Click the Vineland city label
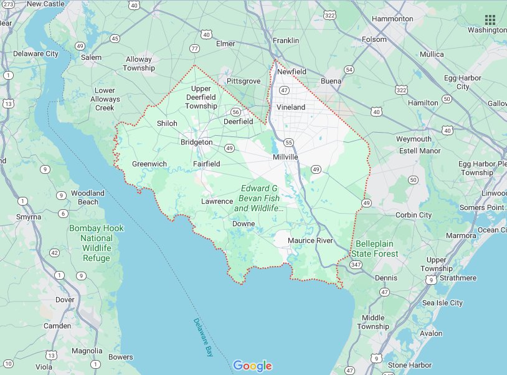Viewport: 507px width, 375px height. coord(291,107)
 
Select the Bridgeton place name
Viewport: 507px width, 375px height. coord(196,143)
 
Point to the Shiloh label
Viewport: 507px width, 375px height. coord(167,123)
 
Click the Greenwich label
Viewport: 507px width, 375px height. coord(149,164)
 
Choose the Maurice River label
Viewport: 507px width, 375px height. coord(310,240)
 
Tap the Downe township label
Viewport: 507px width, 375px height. coord(244,224)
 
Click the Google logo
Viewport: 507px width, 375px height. coord(253,366)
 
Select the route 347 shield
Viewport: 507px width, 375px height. coord(356,265)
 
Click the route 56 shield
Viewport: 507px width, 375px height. coord(218,112)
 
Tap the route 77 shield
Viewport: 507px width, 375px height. coord(195,48)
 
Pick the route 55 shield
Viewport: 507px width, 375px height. coord(288,143)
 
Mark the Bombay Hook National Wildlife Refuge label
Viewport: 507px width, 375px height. coord(96,242)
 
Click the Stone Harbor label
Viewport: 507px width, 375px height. coord(409,365)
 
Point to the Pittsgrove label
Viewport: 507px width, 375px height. coord(244,81)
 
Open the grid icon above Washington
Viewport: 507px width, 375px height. coord(490,19)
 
